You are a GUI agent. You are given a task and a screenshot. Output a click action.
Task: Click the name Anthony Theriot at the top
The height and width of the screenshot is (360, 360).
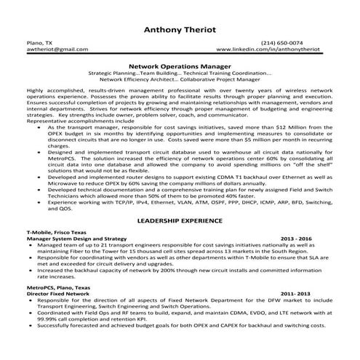coord(180,31)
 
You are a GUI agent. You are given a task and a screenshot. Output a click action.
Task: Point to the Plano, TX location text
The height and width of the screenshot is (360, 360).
coord(38,43)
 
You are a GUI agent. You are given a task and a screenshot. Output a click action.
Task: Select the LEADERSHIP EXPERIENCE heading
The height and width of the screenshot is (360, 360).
coord(180,219)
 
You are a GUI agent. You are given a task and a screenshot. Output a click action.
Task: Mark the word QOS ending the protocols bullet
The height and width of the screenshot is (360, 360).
coord(65,208)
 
